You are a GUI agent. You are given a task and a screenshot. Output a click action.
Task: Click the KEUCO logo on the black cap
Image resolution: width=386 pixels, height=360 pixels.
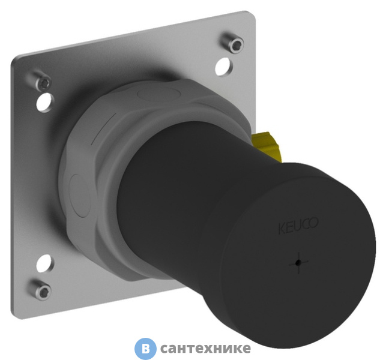tap(298, 226)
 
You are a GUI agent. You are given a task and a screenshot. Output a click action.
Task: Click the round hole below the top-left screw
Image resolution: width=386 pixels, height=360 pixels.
tap(44, 103)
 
